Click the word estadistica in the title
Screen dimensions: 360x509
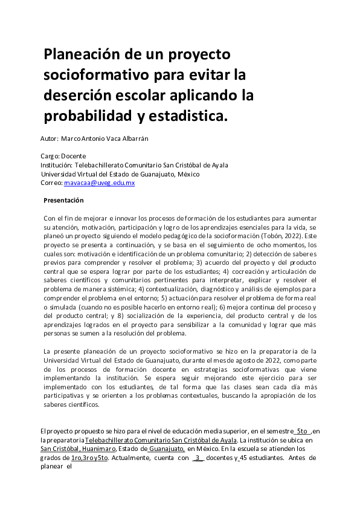tap(190, 115)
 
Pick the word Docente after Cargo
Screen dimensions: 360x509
tap(74, 156)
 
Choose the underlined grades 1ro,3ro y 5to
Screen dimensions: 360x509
tap(89, 458)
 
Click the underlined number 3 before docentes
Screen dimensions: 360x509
tap(198, 458)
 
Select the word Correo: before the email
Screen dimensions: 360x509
tap(51, 183)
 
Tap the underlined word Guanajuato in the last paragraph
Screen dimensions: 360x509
tap(166, 449)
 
